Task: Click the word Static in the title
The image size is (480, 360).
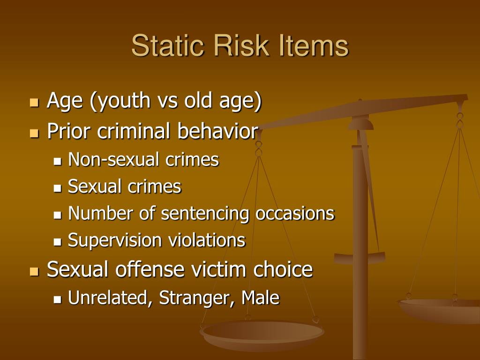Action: (167, 46)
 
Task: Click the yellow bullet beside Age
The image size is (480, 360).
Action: (34, 103)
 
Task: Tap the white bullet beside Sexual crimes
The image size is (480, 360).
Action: (58, 188)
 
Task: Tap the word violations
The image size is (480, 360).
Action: (206, 240)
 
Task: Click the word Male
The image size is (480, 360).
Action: (260, 297)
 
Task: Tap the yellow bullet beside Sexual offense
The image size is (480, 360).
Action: (34, 271)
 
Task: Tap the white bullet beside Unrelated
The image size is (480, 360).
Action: (58, 299)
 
